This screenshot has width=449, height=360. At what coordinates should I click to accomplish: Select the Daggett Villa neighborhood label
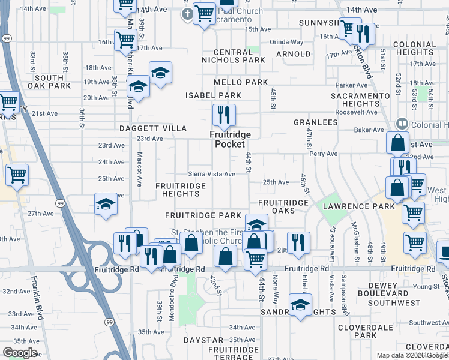(145, 128)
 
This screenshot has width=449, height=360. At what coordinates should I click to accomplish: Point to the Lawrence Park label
(359, 206)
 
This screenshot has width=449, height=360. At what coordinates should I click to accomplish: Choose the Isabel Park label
(213, 95)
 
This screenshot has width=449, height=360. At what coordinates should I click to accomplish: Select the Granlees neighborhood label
(315, 122)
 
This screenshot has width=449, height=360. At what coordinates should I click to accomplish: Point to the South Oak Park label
(49, 82)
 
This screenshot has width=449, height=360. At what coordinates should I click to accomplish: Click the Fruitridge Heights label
(181, 190)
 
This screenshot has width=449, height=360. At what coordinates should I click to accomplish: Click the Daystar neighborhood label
(199, 340)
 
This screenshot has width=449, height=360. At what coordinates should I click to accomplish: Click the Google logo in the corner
(20, 353)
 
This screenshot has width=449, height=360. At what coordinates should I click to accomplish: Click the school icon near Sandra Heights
(300, 304)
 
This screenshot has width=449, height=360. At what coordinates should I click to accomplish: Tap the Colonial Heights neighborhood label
(414, 49)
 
